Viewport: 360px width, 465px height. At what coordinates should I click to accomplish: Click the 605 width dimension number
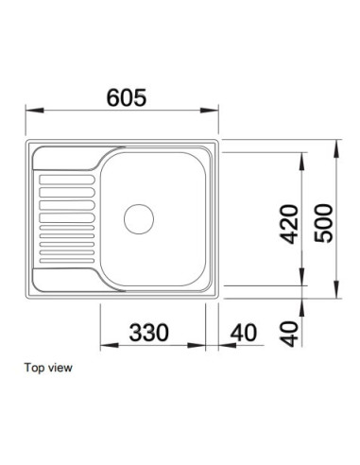click(x=127, y=97)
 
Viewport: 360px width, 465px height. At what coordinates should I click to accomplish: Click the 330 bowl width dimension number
click(x=149, y=333)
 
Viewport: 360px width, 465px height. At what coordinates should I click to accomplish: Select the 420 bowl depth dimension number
click(x=289, y=224)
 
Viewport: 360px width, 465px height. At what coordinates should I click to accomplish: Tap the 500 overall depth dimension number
click(x=324, y=223)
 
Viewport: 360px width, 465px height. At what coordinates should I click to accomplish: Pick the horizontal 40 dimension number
click(x=244, y=333)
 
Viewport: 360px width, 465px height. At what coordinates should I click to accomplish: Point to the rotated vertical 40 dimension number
click(x=289, y=334)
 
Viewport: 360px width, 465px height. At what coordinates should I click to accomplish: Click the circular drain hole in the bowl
click(x=139, y=219)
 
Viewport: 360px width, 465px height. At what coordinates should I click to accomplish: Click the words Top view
click(x=48, y=368)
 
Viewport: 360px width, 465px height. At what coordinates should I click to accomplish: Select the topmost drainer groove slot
click(x=67, y=180)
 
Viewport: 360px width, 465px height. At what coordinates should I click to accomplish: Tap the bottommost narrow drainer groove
click(x=67, y=261)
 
